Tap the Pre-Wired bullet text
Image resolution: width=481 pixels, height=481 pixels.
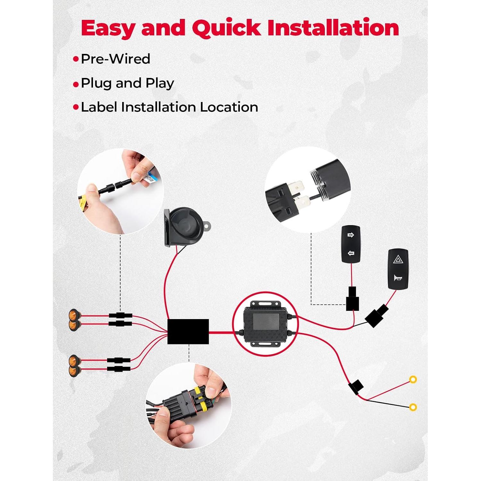[115, 59]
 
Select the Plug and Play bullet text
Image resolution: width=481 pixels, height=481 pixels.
[127, 83]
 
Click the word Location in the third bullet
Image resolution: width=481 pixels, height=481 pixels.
[229, 107]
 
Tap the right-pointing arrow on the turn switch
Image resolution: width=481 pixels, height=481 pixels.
[350, 235]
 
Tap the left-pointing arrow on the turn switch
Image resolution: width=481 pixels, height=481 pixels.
[351, 253]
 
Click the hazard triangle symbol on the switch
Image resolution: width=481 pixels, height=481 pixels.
[398, 259]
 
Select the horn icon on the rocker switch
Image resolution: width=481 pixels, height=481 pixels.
[398, 278]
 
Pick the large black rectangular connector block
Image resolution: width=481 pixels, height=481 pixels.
[188, 332]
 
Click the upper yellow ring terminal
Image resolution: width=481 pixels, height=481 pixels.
[413, 380]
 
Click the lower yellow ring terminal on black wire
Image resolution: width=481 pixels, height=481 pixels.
[413, 407]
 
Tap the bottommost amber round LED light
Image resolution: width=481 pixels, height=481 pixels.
[74, 371]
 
